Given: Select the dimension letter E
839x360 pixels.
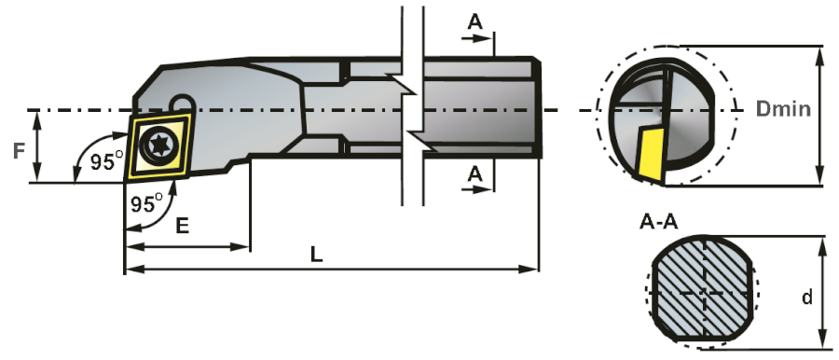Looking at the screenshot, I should (182, 226).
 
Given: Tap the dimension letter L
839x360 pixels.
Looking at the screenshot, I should (317, 255).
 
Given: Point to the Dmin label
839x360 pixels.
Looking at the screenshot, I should (783, 109).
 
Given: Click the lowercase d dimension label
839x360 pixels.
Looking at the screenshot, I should (807, 297).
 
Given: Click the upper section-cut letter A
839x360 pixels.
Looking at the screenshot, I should (475, 21).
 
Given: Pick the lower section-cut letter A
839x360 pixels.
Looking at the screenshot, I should (475, 173).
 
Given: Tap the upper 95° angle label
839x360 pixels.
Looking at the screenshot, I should (107, 161).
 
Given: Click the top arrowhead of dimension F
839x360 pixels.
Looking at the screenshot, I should (37, 118).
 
